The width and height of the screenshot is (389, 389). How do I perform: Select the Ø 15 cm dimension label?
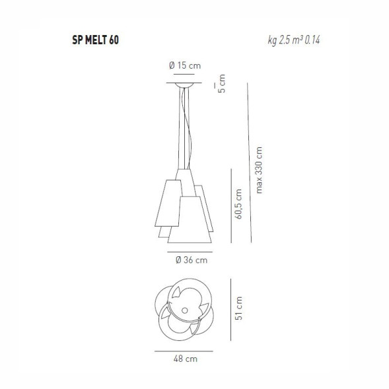(184, 65)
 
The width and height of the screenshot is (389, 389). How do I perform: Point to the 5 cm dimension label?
(221, 85)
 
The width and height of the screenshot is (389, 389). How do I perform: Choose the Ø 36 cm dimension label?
(192, 260)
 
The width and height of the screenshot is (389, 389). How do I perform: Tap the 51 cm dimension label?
(239, 309)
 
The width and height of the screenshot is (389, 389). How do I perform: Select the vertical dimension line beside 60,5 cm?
(230, 205)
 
